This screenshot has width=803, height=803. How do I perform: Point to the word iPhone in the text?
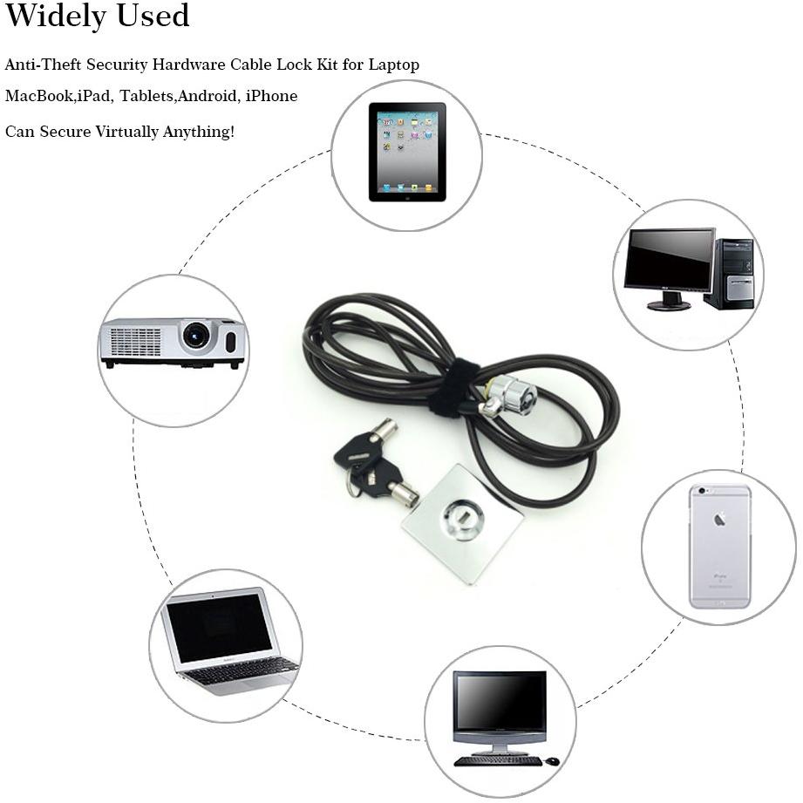tap(271, 96)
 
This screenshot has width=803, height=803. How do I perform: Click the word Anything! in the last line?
tap(199, 132)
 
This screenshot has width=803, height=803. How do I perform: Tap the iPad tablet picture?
tap(407, 152)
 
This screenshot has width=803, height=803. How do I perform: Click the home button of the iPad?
tap(408, 197)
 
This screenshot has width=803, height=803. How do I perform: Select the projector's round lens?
tap(196, 336)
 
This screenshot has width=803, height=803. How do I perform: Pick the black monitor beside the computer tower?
tap(669, 269)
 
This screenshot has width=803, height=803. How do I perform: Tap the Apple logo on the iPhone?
tap(719, 521)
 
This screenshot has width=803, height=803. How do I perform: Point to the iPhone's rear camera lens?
tap(702, 491)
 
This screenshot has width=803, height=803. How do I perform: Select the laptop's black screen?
tap(219, 628)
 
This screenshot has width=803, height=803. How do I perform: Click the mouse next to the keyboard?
tap(552, 761)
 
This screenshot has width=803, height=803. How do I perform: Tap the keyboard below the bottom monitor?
tap(498, 761)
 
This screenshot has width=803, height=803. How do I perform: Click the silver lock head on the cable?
tap(507, 395)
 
